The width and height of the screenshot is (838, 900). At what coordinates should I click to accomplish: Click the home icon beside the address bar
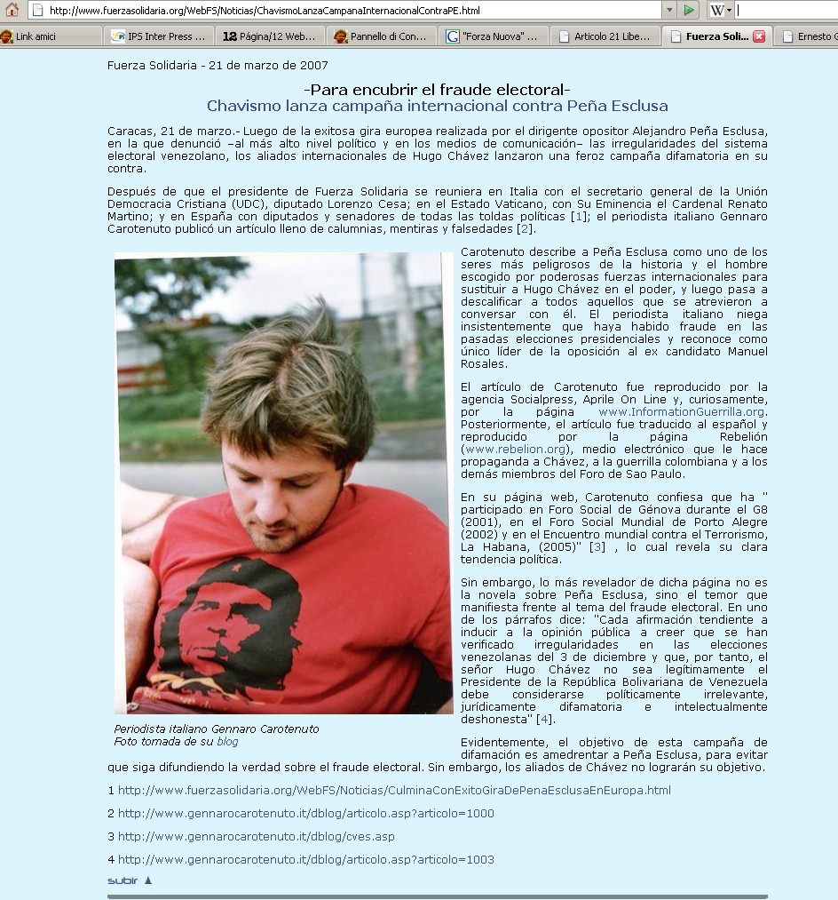coord(12,11)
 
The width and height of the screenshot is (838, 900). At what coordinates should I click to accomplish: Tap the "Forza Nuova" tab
coord(494,36)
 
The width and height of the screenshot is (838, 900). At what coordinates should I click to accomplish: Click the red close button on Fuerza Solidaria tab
coord(759,36)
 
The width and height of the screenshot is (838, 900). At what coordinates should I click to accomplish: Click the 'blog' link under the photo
coord(227,741)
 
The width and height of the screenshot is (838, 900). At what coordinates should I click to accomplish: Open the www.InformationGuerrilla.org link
coord(681,411)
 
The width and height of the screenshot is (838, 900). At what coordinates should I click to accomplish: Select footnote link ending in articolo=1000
coord(306,813)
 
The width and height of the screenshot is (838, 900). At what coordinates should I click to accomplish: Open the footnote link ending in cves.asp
coord(257,836)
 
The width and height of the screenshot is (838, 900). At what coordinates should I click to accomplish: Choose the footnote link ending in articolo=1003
coord(306,859)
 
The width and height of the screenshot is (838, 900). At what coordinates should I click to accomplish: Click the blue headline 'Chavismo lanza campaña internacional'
coord(437,107)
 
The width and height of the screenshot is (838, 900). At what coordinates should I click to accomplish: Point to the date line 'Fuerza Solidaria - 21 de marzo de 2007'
coord(217,65)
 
